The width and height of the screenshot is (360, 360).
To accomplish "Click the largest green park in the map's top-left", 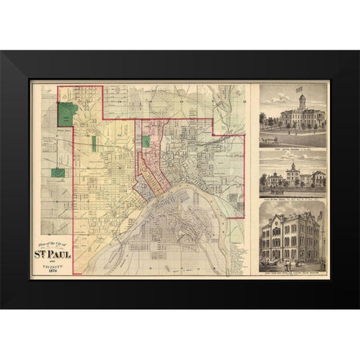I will click(68, 115).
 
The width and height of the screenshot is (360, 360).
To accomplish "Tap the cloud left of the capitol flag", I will click(281, 94).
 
